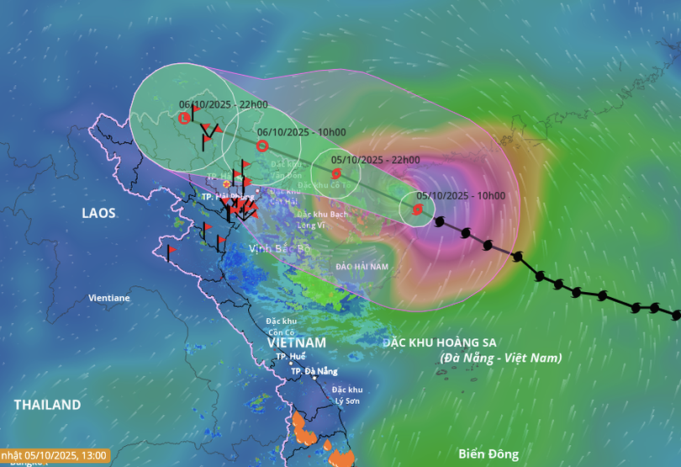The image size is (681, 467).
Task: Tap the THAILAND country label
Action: click(x=47, y=405)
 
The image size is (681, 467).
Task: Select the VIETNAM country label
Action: click(x=296, y=343)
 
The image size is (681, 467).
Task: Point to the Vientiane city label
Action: click(x=109, y=298)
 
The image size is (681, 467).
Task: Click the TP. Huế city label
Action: click(x=291, y=357)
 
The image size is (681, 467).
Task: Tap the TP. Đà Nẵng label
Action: click(x=314, y=371)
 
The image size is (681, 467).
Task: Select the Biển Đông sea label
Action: click(x=488, y=454)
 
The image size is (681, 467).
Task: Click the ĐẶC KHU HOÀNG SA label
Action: click(x=440, y=342)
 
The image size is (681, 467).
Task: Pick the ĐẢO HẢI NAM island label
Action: click(x=362, y=266)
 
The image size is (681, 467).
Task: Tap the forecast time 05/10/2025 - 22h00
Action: click(x=375, y=160)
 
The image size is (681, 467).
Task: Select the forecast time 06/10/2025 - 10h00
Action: click(x=301, y=132)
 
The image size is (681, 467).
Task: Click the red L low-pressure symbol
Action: click(x=185, y=119)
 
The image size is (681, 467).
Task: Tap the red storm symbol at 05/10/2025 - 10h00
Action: click(x=418, y=210)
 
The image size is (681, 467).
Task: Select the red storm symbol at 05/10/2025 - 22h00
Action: click(x=337, y=174)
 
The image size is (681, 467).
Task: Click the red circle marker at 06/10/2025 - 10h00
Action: click(x=261, y=146)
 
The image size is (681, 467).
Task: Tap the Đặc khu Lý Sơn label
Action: click(x=346, y=395)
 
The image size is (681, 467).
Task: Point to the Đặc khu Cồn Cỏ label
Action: click(x=281, y=326)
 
